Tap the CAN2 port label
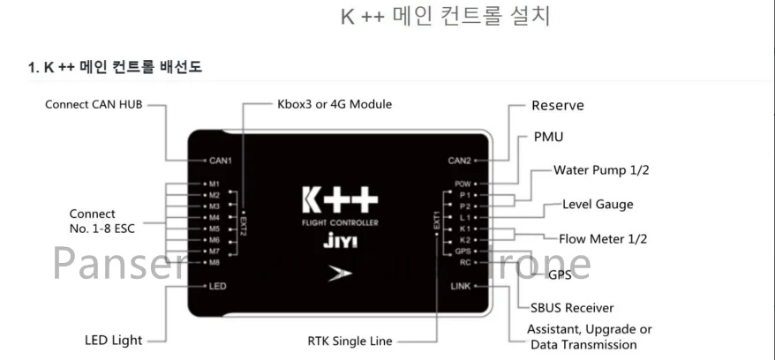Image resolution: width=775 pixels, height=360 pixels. [x=461, y=161]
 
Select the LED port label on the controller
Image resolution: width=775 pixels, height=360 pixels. [x=217, y=287]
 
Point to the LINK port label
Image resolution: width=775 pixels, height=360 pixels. [x=461, y=287]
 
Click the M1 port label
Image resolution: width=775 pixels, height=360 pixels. [x=214, y=184]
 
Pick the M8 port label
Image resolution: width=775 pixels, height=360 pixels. [x=214, y=262]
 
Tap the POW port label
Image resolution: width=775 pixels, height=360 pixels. [x=464, y=184]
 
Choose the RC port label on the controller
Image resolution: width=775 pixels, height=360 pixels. [x=466, y=262]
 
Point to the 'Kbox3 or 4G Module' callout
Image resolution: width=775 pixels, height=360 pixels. [x=335, y=104]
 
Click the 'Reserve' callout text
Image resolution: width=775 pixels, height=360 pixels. [x=557, y=106]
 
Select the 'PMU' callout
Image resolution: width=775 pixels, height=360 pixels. [x=548, y=137]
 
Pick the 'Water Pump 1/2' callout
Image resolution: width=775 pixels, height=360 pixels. [x=601, y=169]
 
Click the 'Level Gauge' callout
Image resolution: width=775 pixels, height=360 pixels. [x=598, y=205]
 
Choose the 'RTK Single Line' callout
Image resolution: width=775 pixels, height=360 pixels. [x=350, y=341]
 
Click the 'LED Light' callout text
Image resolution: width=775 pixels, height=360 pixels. [x=113, y=340]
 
